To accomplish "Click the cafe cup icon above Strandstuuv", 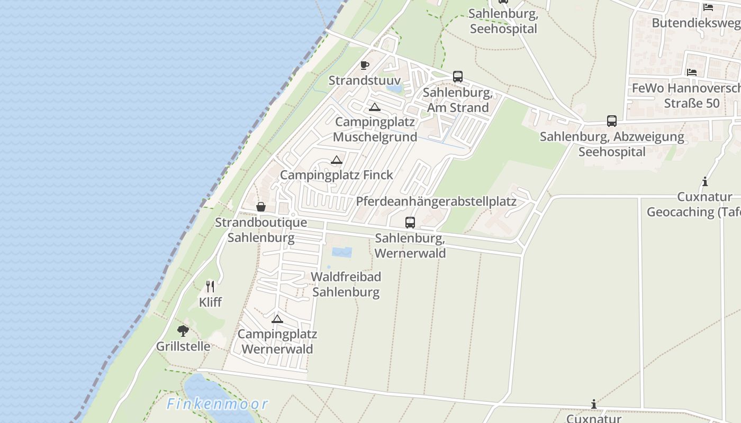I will click(364, 65).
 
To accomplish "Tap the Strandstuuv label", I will click(365, 80).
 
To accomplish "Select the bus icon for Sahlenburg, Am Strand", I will click(458, 77).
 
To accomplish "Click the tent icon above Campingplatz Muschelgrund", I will click(375, 107).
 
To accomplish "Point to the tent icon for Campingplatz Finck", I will click(337, 160).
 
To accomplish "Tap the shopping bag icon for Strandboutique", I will click(261, 207).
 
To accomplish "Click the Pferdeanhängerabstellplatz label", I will click(436, 201).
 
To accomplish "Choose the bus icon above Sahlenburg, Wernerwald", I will click(410, 223).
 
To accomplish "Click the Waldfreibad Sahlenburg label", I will click(346, 284).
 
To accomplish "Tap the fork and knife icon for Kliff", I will click(210, 287).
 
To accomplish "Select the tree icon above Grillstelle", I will click(183, 332).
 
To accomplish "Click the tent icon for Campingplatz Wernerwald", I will click(277, 319).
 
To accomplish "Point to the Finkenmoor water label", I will click(218, 404).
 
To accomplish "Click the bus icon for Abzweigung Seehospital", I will click(612, 121).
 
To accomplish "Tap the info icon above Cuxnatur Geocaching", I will click(705, 182).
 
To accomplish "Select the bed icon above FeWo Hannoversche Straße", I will click(691, 72).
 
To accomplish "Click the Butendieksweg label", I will click(695, 23).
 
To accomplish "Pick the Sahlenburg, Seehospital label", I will click(503, 21).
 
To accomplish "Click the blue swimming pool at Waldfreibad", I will click(342, 252).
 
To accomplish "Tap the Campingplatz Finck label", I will click(337, 175).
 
